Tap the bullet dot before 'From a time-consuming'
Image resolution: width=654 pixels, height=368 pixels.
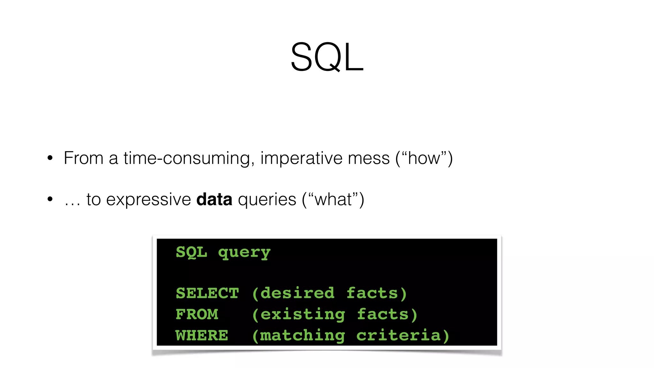(x=50, y=158)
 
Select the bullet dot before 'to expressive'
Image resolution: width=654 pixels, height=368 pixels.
(x=50, y=199)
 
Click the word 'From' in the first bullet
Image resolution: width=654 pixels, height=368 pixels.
(x=83, y=158)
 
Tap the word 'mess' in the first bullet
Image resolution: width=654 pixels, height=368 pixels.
(x=369, y=158)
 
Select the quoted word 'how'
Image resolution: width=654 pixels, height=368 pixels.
(x=424, y=158)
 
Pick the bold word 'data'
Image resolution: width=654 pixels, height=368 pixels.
(x=214, y=199)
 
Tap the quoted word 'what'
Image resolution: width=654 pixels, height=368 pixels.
(x=333, y=199)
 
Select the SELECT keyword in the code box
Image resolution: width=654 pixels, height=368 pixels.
(x=207, y=293)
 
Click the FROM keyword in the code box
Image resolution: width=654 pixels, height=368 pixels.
(x=197, y=314)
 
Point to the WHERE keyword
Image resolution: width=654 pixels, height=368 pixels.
(x=202, y=335)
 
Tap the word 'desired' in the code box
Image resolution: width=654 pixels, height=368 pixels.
(x=297, y=293)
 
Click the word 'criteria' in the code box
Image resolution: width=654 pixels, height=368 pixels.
(x=399, y=335)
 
